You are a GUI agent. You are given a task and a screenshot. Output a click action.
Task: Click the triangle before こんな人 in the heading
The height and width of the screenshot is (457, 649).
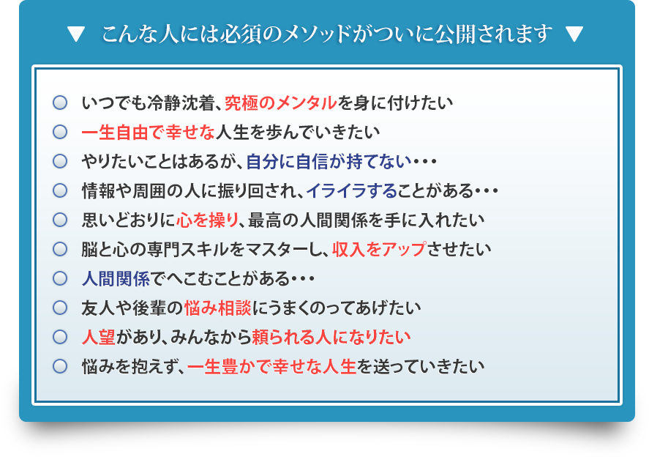click(76, 34)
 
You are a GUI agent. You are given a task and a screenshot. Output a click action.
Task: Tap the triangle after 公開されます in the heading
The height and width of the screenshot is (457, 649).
click(574, 34)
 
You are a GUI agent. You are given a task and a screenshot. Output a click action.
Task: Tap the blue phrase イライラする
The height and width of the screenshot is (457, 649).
click(351, 190)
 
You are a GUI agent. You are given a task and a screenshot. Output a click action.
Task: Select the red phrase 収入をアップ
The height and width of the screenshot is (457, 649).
click(378, 249)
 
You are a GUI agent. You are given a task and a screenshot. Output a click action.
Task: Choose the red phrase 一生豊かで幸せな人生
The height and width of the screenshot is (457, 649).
click(271, 366)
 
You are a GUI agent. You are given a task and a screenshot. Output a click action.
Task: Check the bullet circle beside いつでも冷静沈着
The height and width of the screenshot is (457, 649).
click(60, 103)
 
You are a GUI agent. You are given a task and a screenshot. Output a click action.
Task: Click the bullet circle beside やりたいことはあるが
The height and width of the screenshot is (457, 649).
click(60, 161)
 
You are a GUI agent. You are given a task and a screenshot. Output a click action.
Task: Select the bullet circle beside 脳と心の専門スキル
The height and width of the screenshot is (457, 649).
click(60, 249)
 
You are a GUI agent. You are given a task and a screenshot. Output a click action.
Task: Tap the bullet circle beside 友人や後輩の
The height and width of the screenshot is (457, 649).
click(60, 308)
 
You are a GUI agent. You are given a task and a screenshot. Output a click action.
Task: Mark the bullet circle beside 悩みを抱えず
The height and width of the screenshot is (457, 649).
click(60, 366)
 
